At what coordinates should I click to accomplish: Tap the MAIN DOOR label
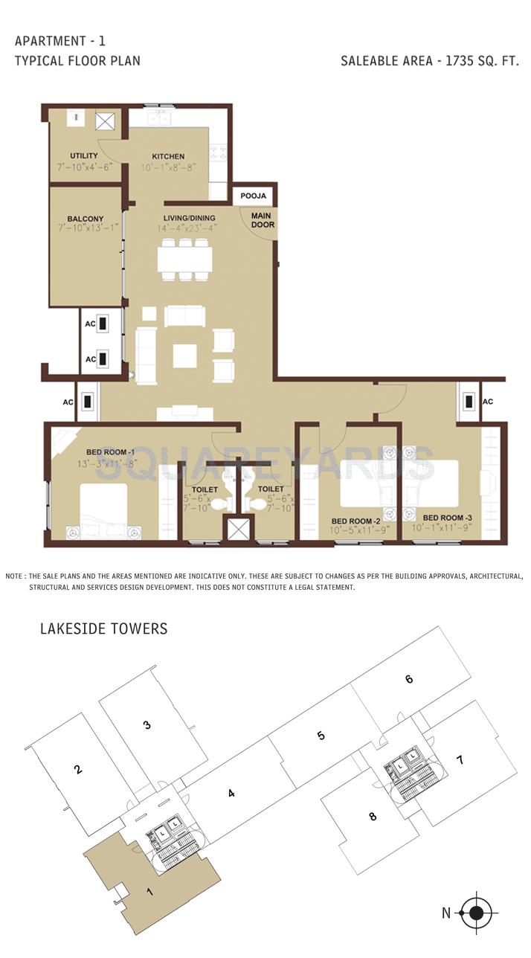pos(262,220)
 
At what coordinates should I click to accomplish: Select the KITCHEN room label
pos(168,156)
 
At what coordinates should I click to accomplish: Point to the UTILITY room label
pos(83,155)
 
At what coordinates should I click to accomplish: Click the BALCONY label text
pos(84,219)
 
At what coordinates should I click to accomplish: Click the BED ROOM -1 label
pos(110,451)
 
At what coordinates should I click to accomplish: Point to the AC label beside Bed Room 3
pos(488,402)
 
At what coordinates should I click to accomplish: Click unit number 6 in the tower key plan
pos(409,678)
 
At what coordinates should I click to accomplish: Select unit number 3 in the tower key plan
pos(147,724)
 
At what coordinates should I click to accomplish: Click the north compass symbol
pos(477,913)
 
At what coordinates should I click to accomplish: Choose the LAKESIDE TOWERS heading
pos(103,629)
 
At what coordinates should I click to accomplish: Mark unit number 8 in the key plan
pos(373,817)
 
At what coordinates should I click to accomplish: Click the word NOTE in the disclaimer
pos(15,576)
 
